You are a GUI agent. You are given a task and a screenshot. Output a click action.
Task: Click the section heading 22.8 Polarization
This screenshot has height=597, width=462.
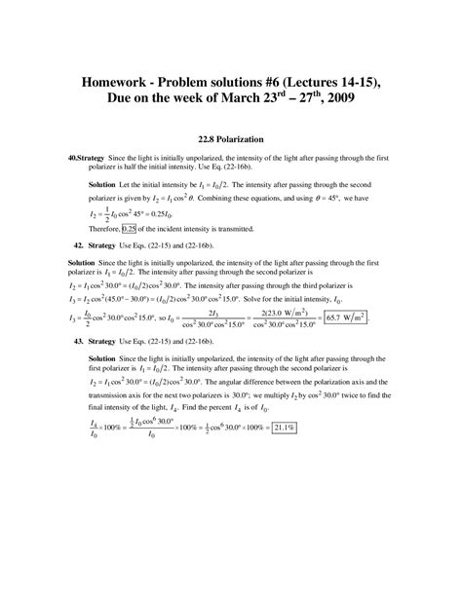click(230, 138)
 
